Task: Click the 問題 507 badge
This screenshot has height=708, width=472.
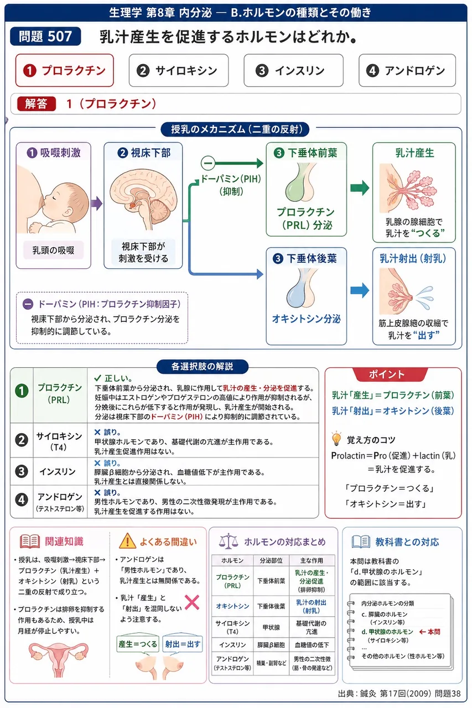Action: [x=45, y=37]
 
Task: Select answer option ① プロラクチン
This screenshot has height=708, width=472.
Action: [x=65, y=70]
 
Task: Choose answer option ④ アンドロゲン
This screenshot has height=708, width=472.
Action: [x=407, y=70]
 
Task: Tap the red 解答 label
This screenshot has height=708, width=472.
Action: [x=37, y=103]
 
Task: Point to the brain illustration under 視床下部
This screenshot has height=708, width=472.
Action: [x=143, y=199]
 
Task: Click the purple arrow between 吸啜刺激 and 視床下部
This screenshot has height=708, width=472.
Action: [x=97, y=203]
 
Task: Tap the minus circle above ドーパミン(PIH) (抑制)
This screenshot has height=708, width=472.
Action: [x=208, y=163]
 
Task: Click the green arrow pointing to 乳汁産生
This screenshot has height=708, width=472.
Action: [x=360, y=188]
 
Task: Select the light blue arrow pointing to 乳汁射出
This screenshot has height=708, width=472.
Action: [x=360, y=290]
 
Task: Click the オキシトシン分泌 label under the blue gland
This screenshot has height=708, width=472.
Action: [x=307, y=319]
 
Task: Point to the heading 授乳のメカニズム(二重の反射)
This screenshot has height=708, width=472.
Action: [x=235, y=129]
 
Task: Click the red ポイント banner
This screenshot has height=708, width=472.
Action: [x=387, y=374]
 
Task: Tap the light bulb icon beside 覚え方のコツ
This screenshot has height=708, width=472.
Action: [x=336, y=439]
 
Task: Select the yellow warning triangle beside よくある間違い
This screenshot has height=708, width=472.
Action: [x=127, y=541]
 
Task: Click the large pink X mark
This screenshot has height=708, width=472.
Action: [x=192, y=602]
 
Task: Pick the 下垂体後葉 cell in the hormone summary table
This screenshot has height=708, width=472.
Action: [x=271, y=606]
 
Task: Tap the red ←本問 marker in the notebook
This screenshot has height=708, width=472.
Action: [x=429, y=632]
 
